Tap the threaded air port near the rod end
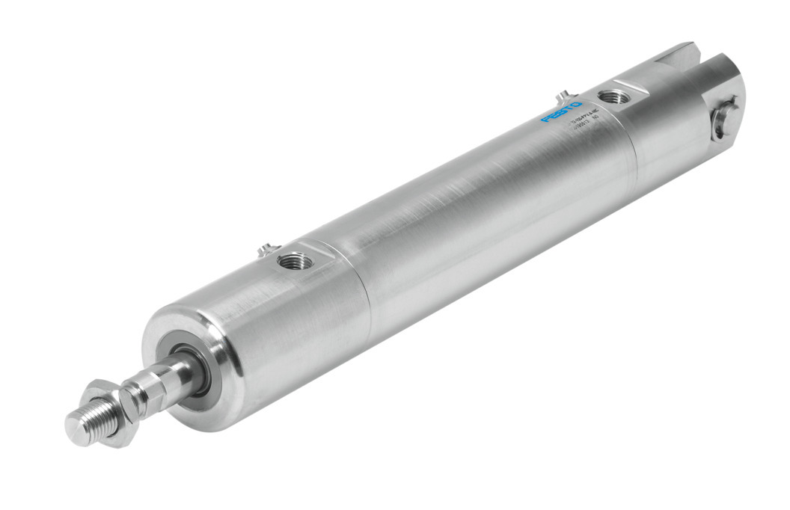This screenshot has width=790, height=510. coord(293,262)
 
